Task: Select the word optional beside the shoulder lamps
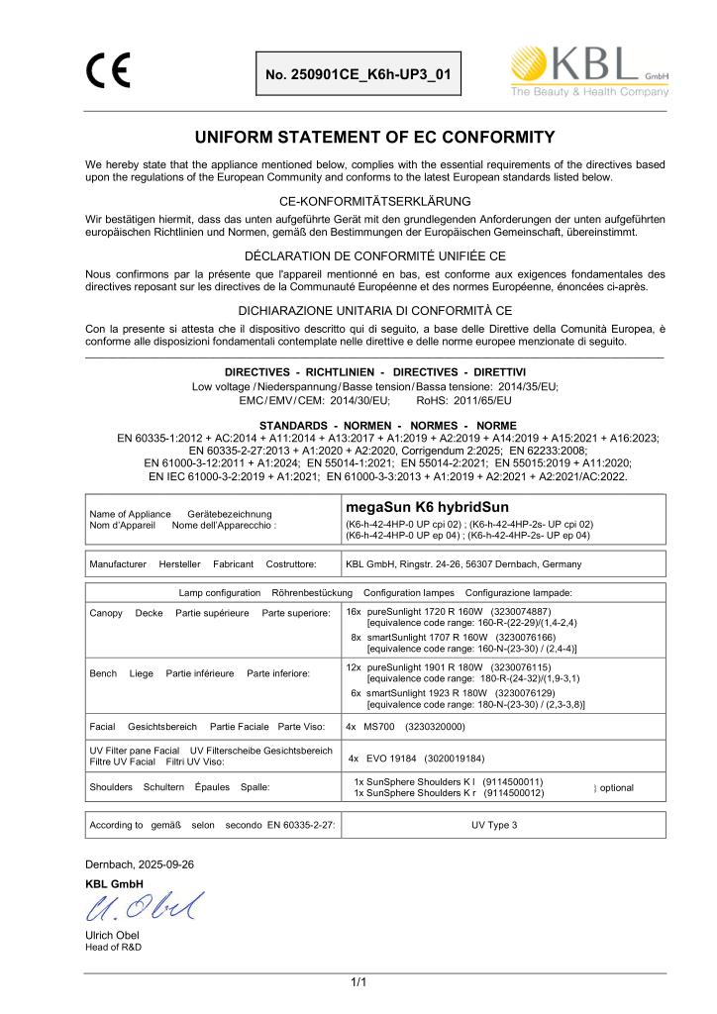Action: (616, 787)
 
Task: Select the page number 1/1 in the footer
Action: (358, 981)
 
